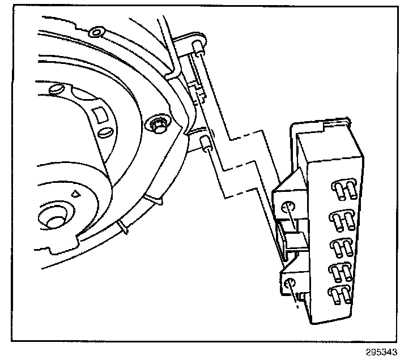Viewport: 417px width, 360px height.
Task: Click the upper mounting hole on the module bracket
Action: point(288,207)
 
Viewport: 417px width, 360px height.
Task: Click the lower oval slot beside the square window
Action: point(104,133)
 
